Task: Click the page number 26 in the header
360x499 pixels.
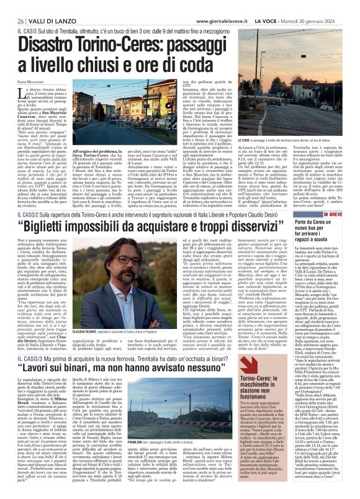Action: [11, 5]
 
